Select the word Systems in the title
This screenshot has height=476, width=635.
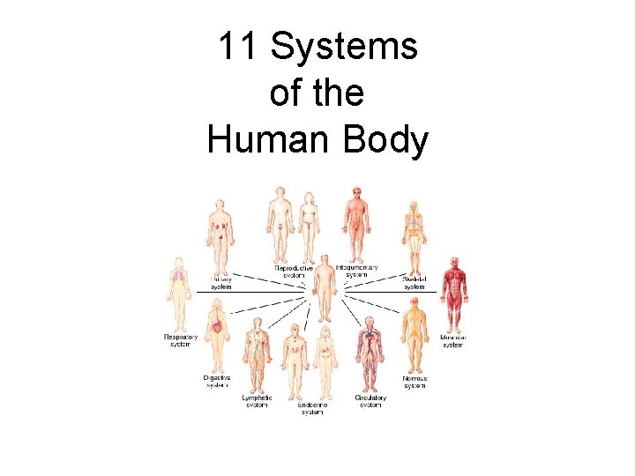pos(344,47)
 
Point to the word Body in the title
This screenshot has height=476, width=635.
pos(387,139)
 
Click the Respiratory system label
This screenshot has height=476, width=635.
pos(180,339)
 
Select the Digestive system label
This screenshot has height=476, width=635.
pos(217,381)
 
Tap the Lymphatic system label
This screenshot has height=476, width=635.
pos(258,401)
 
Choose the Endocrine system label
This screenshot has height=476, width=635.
pos(313,407)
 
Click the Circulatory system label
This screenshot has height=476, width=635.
pos(370,401)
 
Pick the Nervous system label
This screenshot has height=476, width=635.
pos(415,381)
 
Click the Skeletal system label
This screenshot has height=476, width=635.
pos(415,282)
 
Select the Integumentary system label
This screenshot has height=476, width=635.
pos(357,270)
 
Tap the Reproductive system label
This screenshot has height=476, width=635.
pos(293,271)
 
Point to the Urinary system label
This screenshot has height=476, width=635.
pos(220,282)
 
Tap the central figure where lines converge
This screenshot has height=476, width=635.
pos(325,286)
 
